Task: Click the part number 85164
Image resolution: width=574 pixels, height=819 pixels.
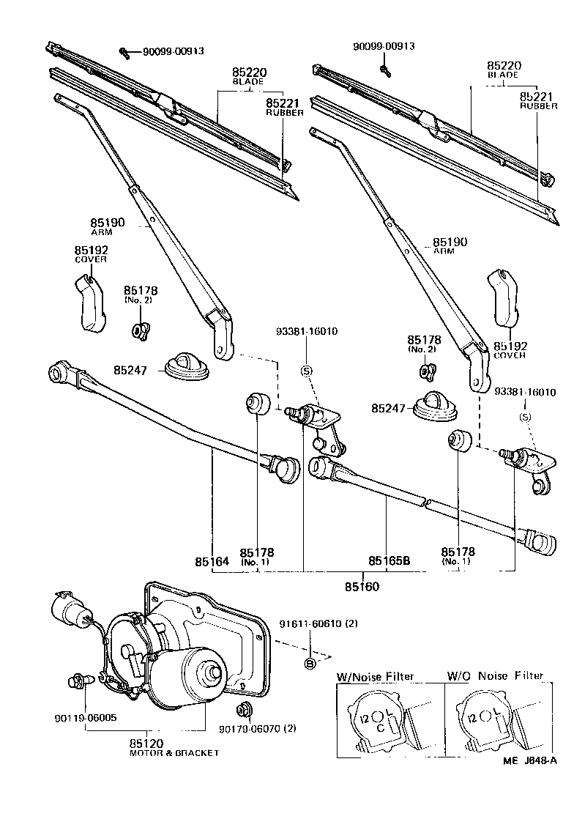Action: tap(212, 562)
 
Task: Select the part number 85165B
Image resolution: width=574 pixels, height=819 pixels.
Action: tap(388, 562)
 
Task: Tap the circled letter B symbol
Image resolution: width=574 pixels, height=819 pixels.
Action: tap(310, 664)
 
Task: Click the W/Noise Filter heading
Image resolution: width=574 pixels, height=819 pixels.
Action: tap(375, 676)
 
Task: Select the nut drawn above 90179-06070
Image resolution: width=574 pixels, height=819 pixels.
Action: tap(242, 709)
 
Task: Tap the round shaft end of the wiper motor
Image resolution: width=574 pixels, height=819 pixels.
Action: tap(213, 670)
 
